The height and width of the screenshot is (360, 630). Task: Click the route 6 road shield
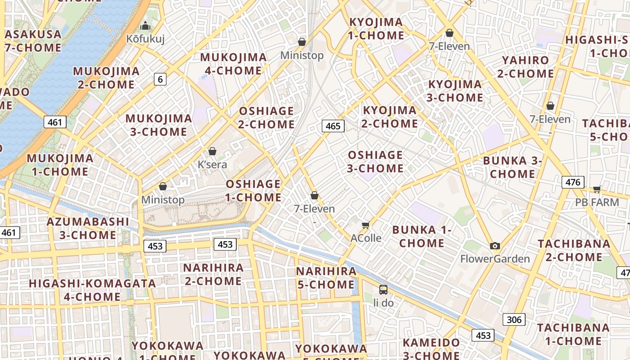[x=160, y=80]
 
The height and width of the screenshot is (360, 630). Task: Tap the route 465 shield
[x=333, y=126]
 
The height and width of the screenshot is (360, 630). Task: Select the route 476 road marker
[x=573, y=182]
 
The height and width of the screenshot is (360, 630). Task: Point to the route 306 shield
[x=513, y=320]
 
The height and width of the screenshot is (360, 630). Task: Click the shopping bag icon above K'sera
[x=212, y=152]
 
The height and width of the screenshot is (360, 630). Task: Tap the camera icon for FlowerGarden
[x=495, y=246]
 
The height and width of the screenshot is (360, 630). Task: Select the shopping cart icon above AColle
[x=366, y=225]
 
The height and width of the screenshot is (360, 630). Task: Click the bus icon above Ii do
[x=383, y=290]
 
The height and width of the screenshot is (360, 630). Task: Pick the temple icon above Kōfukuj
[x=145, y=26]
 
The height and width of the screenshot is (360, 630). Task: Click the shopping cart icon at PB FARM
[x=597, y=189]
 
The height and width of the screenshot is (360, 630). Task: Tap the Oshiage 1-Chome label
[x=254, y=190]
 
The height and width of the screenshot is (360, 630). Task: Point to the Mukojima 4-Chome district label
[x=234, y=64]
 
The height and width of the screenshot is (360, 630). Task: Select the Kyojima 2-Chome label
[x=390, y=117]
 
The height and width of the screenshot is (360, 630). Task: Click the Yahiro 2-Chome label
[x=526, y=67]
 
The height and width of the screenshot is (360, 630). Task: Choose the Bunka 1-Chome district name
[x=422, y=237]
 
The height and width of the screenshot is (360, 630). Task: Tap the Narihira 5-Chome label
[x=326, y=278]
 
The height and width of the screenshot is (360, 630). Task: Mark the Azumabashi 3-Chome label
[x=88, y=228]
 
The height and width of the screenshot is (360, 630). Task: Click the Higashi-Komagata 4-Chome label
[x=92, y=290]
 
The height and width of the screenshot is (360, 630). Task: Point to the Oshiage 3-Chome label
[x=375, y=162]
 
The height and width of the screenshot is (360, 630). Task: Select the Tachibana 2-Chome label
[x=574, y=250]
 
